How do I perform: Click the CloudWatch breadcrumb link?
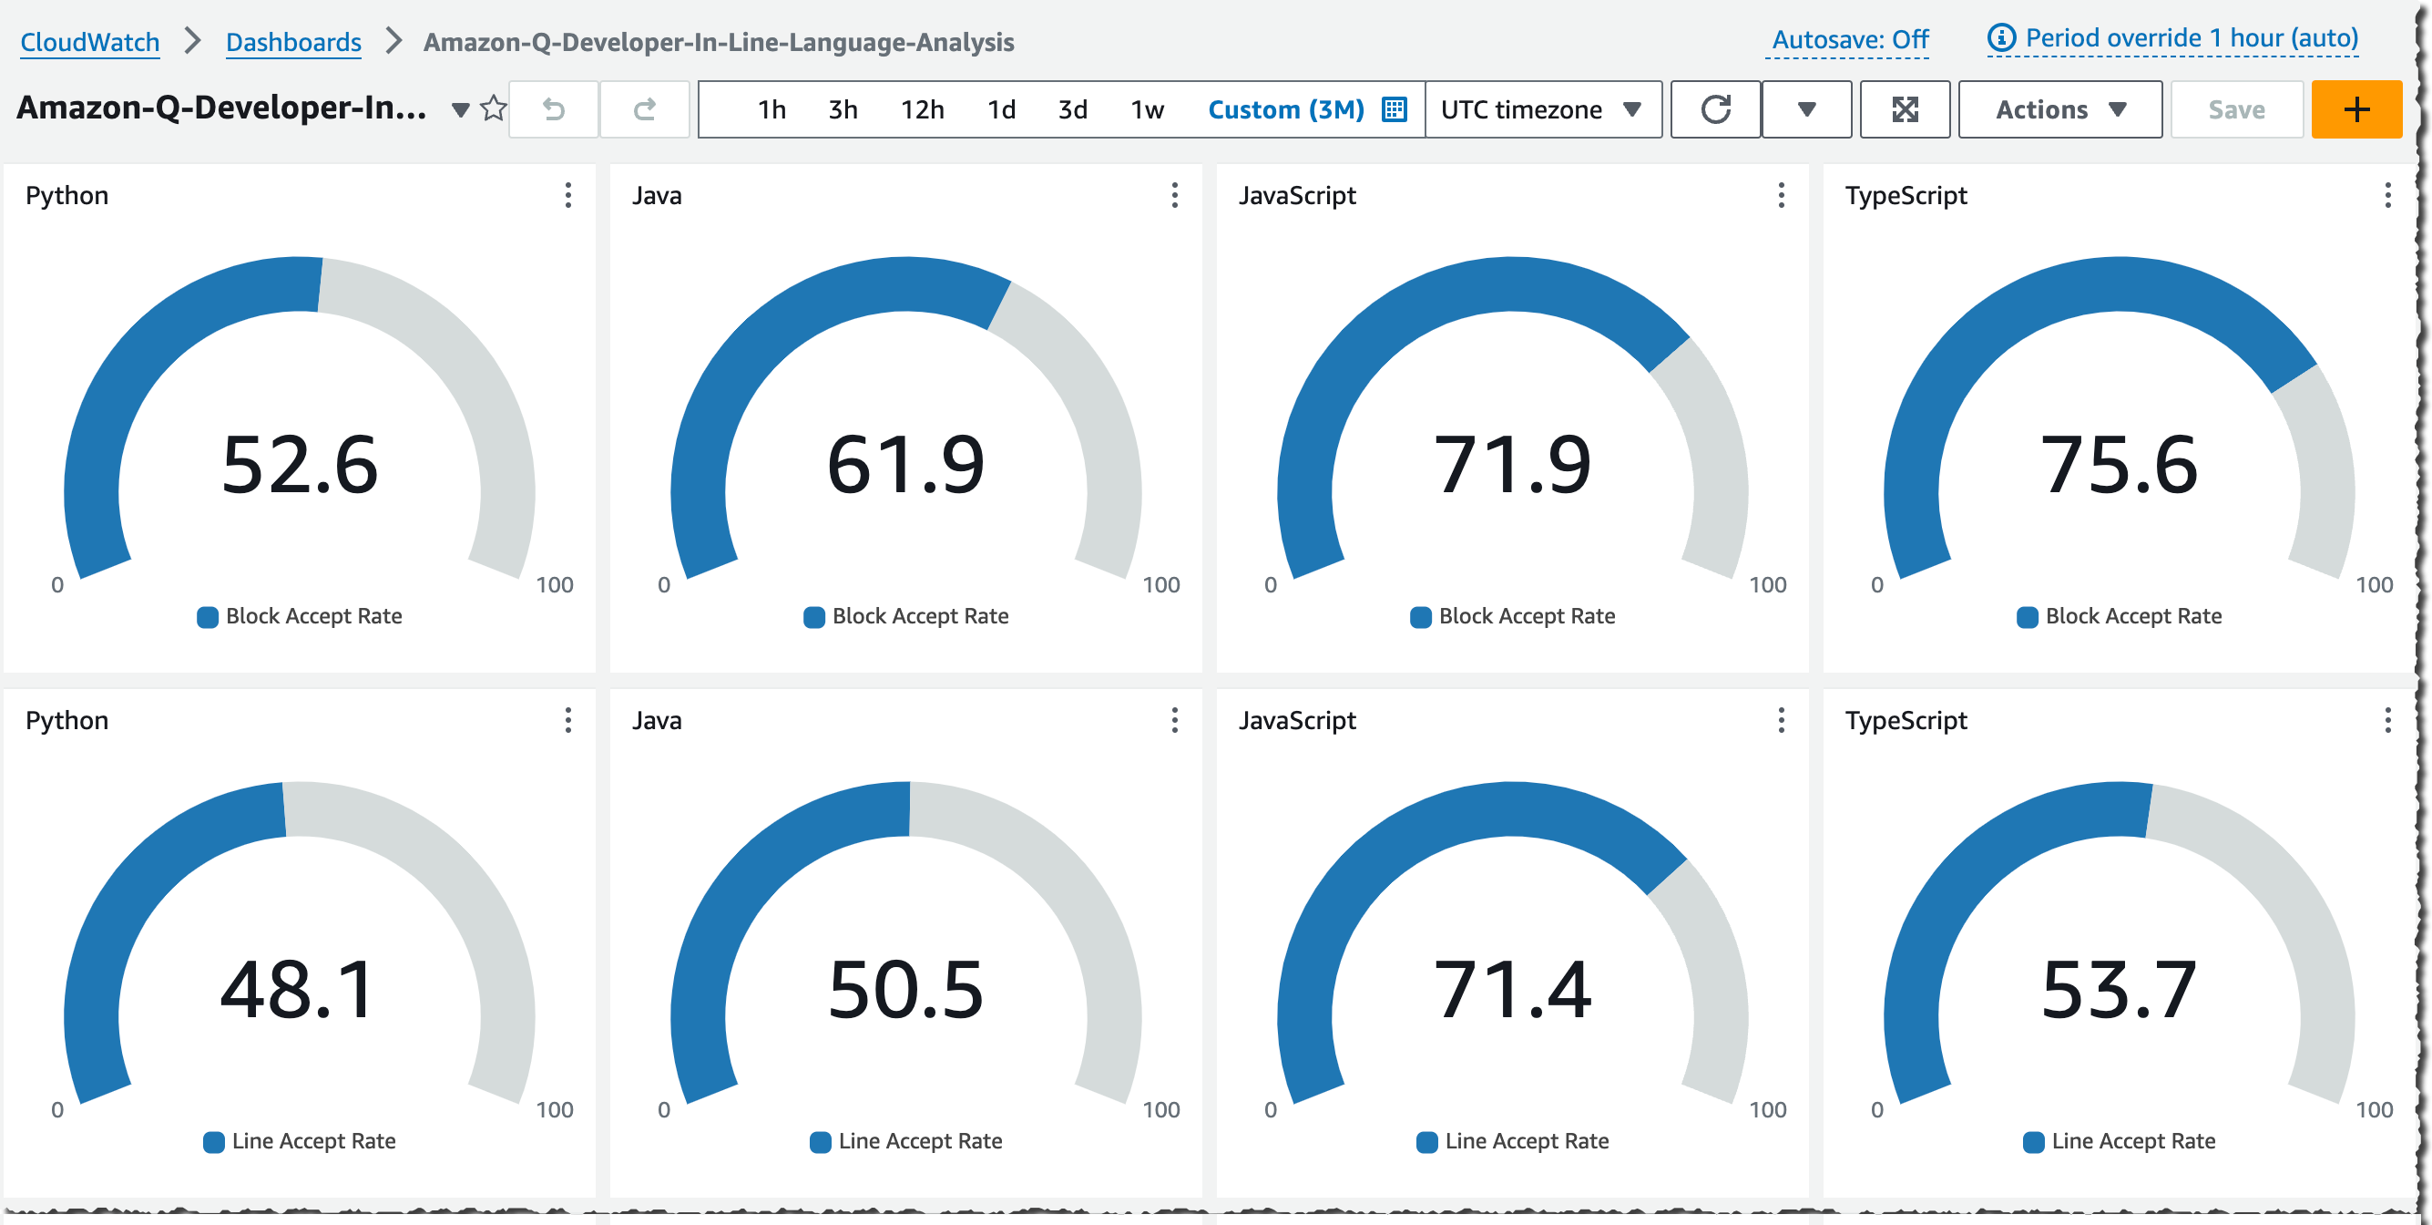[89, 43]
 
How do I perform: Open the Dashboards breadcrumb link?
[292, 43]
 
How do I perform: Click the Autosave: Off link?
[1849, 40]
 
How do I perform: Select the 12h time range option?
[922, 109]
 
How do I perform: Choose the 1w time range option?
[1146, 109]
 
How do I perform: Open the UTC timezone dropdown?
[1542, 109]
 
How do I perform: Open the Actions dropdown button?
[2059, 109]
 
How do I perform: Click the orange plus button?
[2355, 109]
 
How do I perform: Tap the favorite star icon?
[493, 108]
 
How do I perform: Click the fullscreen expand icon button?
[1905, 109]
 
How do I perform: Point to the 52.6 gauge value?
[300, 465]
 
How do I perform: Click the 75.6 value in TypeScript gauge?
[2119, 465]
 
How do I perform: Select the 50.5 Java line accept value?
[905, 990]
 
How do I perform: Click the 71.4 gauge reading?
[1511, 990]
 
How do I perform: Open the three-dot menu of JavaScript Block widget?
[1781, 196]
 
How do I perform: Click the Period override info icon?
[2000, 37]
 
